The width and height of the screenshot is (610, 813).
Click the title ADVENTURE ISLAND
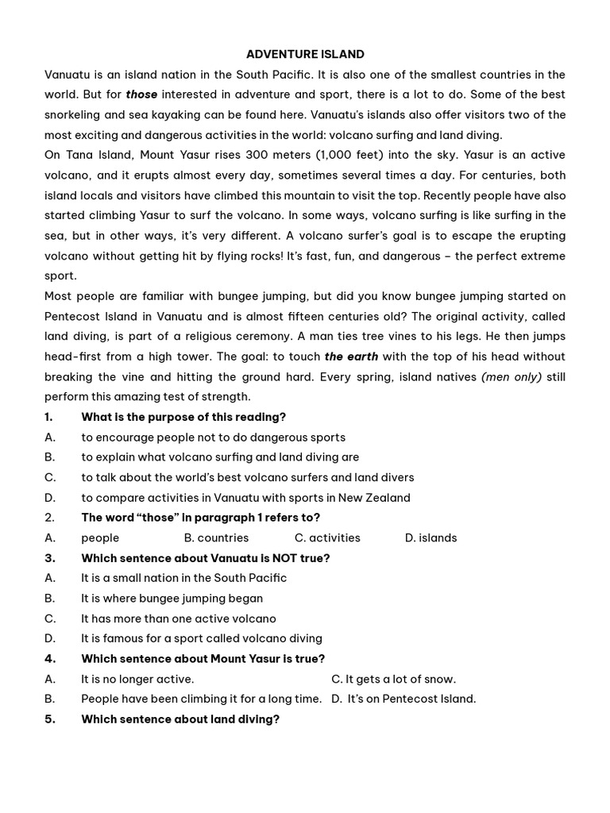click(x=305, y=54)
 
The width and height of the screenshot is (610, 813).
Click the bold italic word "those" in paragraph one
click(x=141, y=94)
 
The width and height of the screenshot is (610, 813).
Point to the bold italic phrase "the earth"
click(x=351, y=356)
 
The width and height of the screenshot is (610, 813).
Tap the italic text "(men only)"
click(x=512, y=377)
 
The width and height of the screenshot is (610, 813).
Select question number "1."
click(x=49, y=417)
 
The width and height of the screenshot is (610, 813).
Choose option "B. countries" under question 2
click(x=216, y=538)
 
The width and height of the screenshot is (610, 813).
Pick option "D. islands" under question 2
click(x=430, y=538)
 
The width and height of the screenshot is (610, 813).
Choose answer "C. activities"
click(x=327, y=538)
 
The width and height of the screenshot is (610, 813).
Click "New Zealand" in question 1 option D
click(x=374, y=498)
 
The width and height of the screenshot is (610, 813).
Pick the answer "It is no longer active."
click(x=137, y=679)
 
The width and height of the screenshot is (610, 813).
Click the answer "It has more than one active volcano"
click(x=179, y=618)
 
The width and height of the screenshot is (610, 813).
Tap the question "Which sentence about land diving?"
click(x=180, y=719)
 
